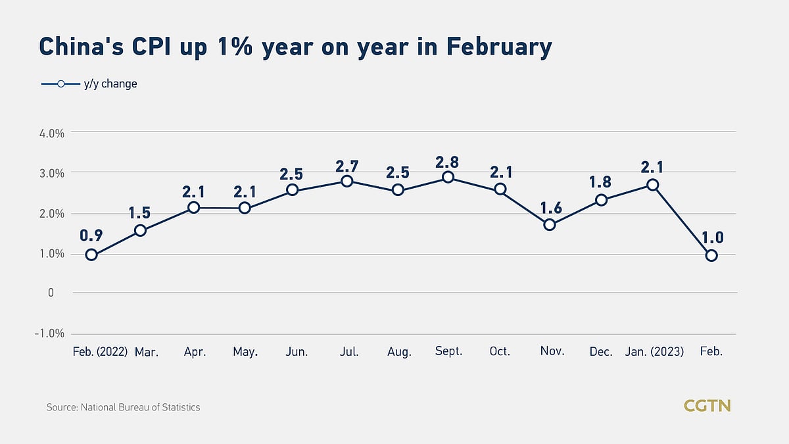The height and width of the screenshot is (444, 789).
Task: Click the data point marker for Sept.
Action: click(x=448, y=177)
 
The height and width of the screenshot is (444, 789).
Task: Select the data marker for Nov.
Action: click(x=550, y=224)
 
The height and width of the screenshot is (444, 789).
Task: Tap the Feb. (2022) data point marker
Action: click(x=91, y=255)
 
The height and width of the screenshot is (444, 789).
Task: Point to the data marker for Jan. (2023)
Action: click(x=653, y=185)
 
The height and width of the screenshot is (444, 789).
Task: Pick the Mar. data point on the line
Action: click(x=140, y=230)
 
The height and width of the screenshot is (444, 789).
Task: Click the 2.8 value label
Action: click(x=447, y=162)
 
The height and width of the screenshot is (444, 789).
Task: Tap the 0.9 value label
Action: click(x=91, y=235)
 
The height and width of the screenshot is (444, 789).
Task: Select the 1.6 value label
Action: click(x=551, y=209)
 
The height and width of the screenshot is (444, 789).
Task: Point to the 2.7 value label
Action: click(x=347, y=166)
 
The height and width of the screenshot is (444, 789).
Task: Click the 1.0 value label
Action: click(x=713, y=237)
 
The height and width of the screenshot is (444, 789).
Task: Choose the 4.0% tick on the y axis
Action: click(x=52, y=134)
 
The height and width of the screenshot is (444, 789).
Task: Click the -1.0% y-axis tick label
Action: click(x=49, y=333)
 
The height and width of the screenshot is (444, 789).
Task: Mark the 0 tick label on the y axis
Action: click(x=51, y=293)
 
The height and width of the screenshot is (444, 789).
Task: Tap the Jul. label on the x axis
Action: click(x=349, y=351)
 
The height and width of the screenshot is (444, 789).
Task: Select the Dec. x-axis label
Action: click(x=601, y=351)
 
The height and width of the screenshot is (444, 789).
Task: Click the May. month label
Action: click(x=245, y=352)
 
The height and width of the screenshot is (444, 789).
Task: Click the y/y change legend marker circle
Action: click(x=61, y=84)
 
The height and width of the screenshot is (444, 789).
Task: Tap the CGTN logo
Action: click(x=707, y=406)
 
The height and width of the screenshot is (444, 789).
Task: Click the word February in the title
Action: click(x=499, y=47)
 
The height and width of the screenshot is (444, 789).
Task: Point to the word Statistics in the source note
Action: click(x=181, y=407)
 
